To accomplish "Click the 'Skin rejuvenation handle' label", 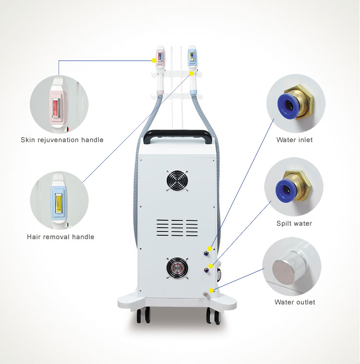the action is coord(62,140).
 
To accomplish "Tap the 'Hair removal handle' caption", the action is coord(60,237).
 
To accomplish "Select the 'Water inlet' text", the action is coord(295,140).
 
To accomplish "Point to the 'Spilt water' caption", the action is coord(294,223).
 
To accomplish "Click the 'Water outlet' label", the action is coord(295,302).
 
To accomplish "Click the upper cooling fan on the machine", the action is coord(177,181).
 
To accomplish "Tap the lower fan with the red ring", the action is coord(177,268).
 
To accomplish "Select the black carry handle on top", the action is coord(178,136).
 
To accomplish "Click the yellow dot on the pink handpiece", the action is coord(154,61).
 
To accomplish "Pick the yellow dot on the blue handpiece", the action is coord(192,73).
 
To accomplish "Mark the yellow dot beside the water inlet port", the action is coord(210,249).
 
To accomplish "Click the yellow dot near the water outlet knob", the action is coord(211,290).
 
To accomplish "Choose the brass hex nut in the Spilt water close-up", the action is coord(298,185).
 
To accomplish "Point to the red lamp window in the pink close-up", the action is coord(56,109).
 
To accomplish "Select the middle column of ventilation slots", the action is coord(177,228).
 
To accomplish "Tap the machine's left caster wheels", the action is coord(143,315).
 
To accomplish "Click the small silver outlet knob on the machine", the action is coord(205,294).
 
